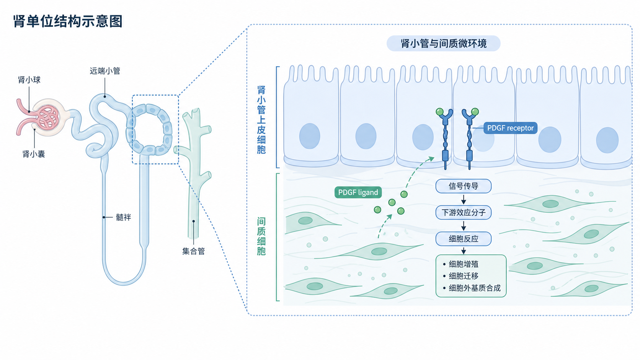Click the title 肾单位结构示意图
point(68,21)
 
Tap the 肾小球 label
point(29,80)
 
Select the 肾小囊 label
point(34,154)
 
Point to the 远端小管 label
point(105,71)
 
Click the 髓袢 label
point(123,217)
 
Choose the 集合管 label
point(193,251)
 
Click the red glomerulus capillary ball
point(47,117)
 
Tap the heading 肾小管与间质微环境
point(443,43)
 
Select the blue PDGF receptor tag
point(510,128)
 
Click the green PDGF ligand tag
point(358,192)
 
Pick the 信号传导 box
point(464,186)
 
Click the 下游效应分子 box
point(464,212)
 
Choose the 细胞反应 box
point(464,239)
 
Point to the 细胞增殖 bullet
point(460,264)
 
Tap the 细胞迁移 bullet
point(460,276)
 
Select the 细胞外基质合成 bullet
point(472,288)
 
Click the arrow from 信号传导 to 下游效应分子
point(464,199)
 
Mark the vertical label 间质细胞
point(261,236)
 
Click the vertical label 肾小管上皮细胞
point(261,120)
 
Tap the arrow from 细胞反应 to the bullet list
point(464,250)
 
